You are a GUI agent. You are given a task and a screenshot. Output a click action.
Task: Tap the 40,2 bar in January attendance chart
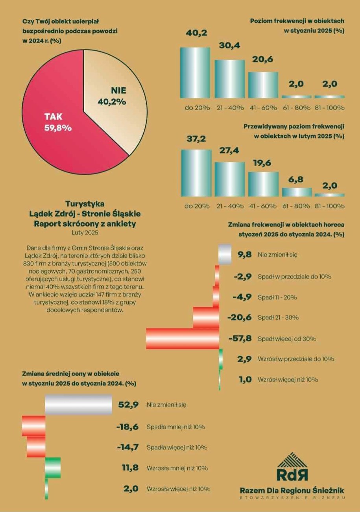click(x=195, y=73)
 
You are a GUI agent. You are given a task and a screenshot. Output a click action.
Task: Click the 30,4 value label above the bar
click(x=229, y=46)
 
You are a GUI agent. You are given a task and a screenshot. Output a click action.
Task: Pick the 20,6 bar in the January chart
click(x=263, y=85)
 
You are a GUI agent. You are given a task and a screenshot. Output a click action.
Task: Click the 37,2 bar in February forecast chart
click(x=196, y=173)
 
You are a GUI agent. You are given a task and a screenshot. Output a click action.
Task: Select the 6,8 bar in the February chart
click(x=297, y=192)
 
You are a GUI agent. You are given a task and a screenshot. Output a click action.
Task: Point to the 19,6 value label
click(x=263, y=162)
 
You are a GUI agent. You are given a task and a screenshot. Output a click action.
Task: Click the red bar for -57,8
click(x=183, y=339)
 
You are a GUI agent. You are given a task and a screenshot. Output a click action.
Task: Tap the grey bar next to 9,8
click(x=225, y=255)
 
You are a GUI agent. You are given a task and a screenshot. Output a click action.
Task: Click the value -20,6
click(x=239, y=318)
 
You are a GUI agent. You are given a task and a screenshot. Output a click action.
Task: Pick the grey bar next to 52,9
click(x=79, y=405)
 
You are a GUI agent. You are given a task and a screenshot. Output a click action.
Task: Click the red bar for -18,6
click(x=33, y=426)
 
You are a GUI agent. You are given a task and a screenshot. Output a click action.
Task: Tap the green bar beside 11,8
click(x=53, y=468)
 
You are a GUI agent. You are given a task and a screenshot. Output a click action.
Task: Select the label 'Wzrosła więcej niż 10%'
click(x=178, y=489)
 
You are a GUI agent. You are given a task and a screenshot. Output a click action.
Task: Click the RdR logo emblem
click(x=292, y=467)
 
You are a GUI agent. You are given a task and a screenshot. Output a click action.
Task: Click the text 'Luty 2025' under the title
click(x=85, y=233)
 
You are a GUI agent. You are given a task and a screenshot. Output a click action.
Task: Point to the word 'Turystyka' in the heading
click(x=85, y=204)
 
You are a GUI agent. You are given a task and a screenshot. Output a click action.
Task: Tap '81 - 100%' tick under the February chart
click(x=330, y=206)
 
